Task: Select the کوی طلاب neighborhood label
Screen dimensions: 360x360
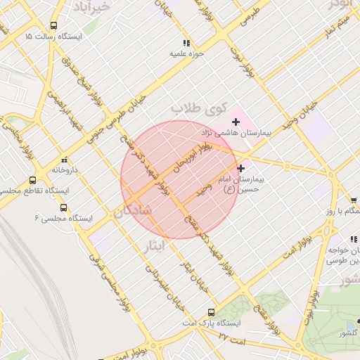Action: (x=200, y=109)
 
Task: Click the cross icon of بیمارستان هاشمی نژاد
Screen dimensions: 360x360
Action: (x=235, y=123)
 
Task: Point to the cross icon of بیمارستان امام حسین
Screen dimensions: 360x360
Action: (x=241, y=168)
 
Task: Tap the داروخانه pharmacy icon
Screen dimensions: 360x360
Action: (x=65, y=160)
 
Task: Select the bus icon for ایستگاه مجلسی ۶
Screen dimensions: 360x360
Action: (x=64, y=208)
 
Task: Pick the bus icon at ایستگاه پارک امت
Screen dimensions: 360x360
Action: (x=211, y=312)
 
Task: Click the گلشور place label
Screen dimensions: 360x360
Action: (x=348, y=333)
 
